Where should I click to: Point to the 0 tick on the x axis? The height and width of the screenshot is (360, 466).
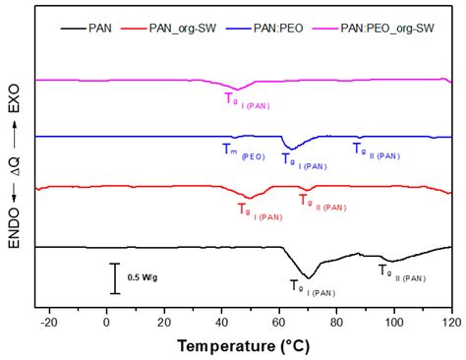pyautogui.click(x=107, y=321)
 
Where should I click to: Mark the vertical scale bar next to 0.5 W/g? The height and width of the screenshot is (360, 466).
pyautogui.click(x=115, y=278)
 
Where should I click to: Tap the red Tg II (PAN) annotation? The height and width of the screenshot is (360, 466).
pyautogui.click(x=321, y=202)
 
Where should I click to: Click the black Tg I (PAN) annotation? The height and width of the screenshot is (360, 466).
pyautogui.click(x=312, y=288)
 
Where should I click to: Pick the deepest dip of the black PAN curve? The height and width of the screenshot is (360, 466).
pyautogui.click(x=309, y=276)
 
